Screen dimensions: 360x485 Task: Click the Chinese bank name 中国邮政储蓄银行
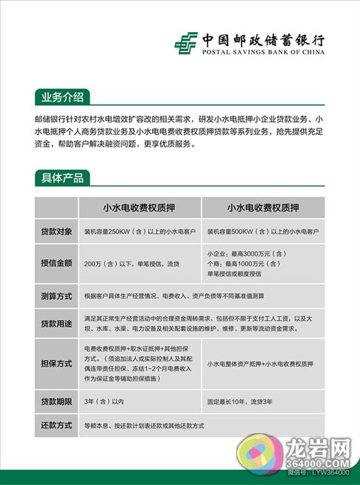262,38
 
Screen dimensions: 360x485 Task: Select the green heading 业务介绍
62,98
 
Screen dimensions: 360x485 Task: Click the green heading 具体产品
62,177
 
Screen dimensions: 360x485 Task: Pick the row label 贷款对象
56,232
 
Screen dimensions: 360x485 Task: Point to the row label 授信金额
56,263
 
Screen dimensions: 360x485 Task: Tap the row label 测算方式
56,295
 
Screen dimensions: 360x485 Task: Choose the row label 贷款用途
56,323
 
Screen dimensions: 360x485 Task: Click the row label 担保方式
56,363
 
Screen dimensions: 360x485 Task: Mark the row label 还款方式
56,425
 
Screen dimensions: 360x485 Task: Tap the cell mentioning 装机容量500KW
263,232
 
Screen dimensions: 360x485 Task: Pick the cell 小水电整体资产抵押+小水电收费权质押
260,363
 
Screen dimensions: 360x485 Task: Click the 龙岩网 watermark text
322,444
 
